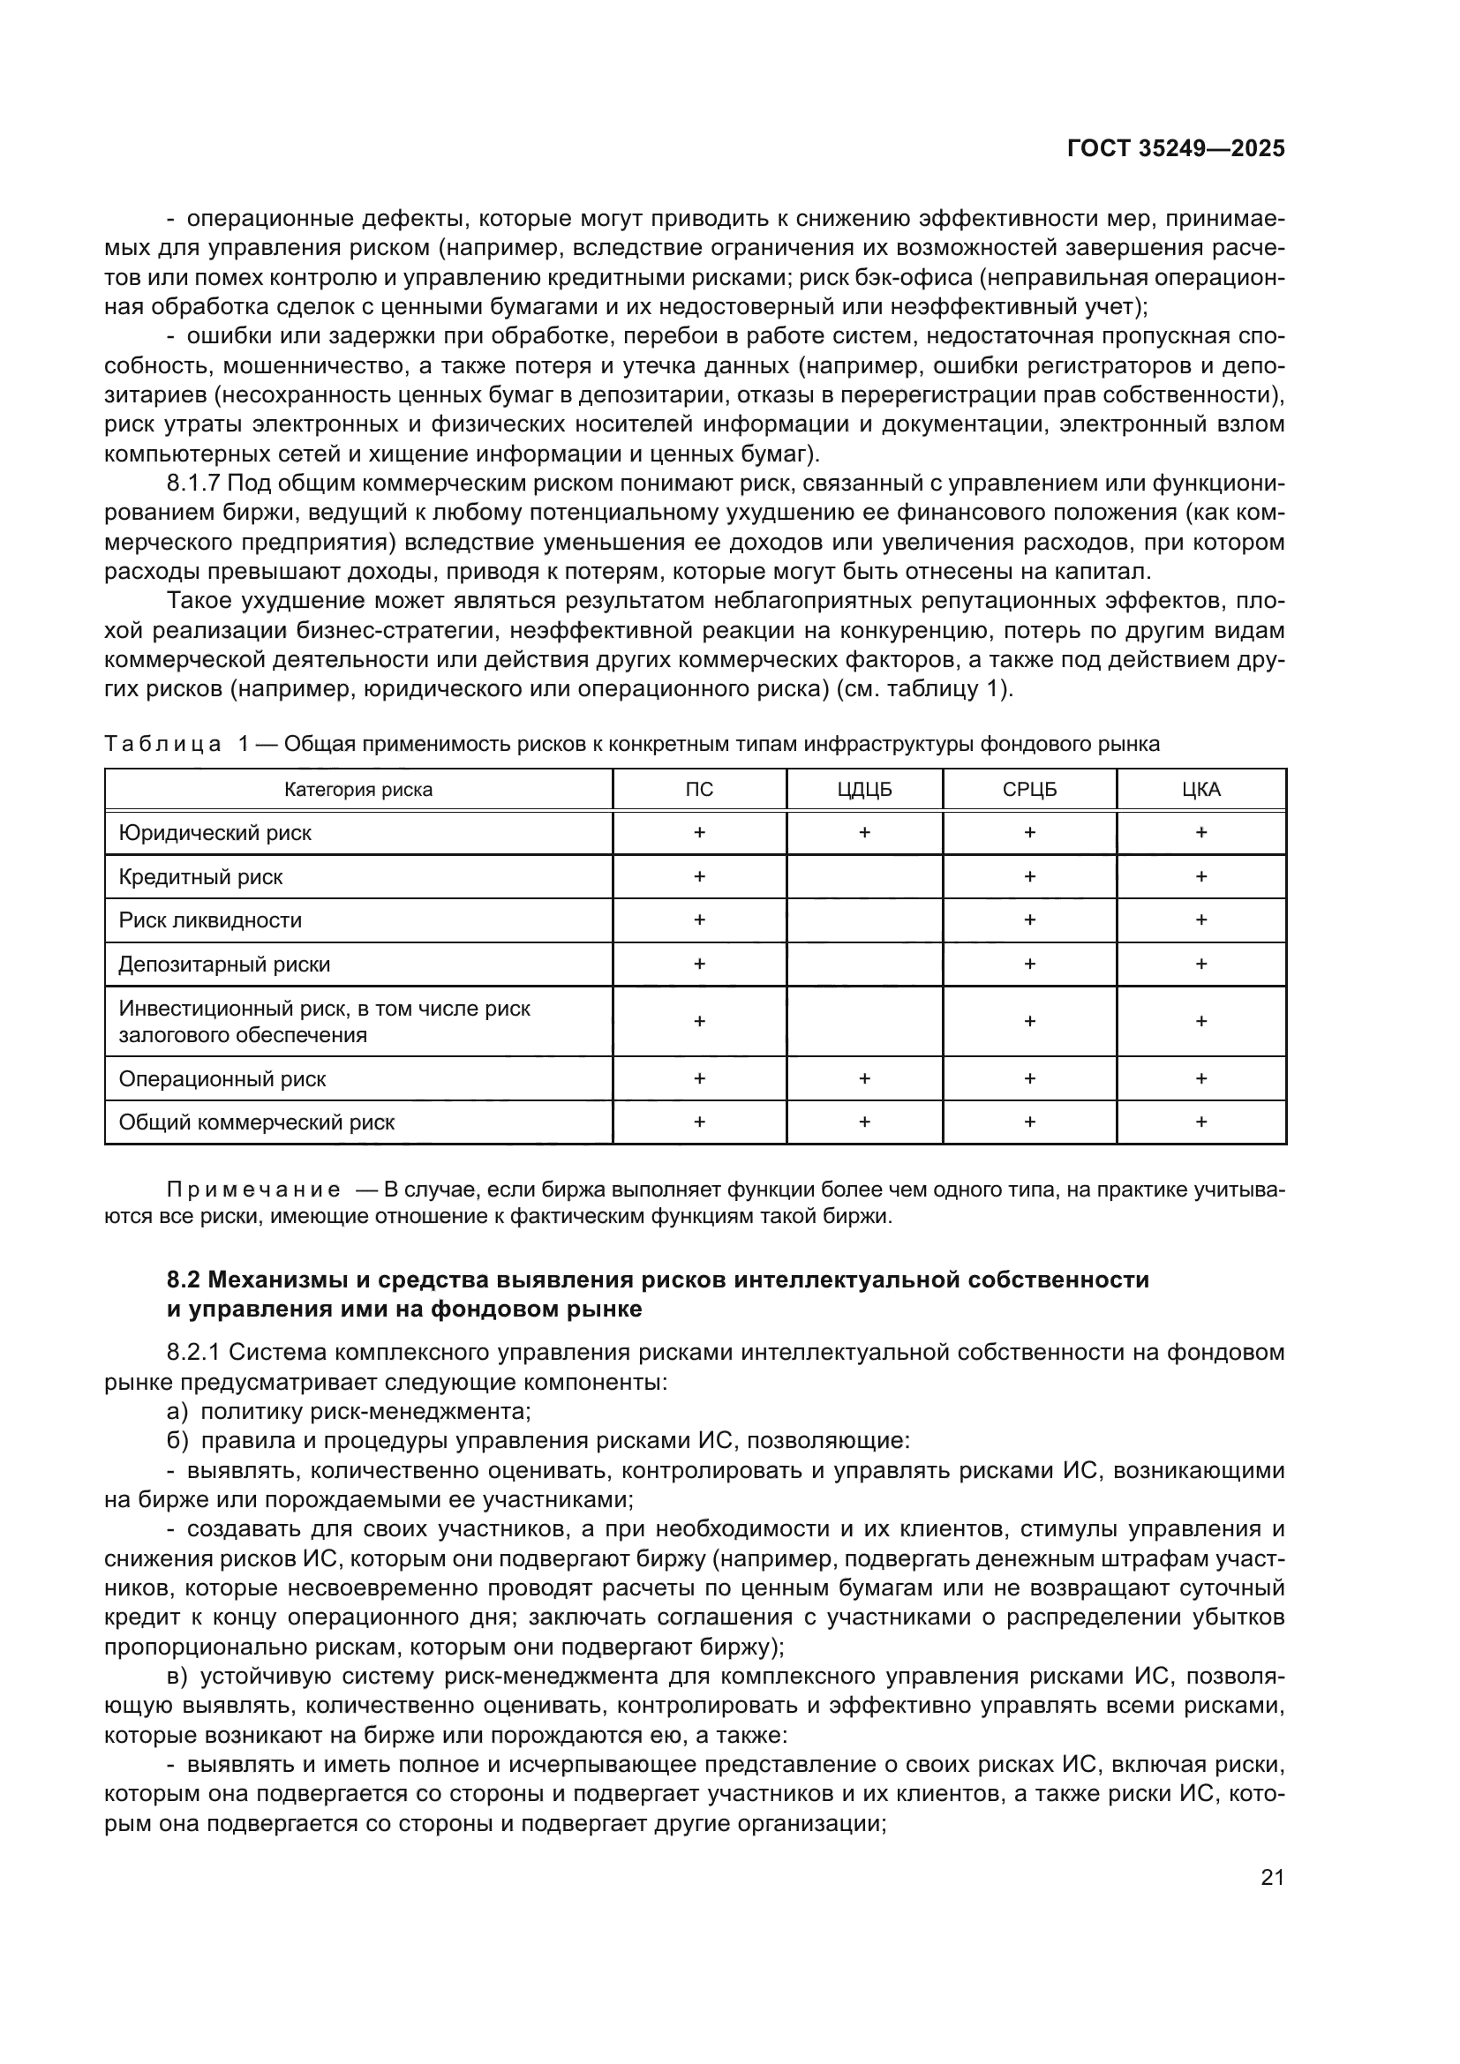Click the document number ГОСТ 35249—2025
pyautogui.click(x=1176, y=148)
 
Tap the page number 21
pyautogui.click(x=1272, y=1877)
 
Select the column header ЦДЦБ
pyautogui.click(x=864, y=789)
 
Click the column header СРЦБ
pyautogui.click(x=1029, y=789)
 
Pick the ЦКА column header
pyautogui.click(x=1201, y=789)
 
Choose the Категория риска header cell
pyautogui.click(x=357, y=789)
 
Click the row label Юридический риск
pyautogui.click(x=214, y=832)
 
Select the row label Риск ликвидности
pyautogui.click(x=210, y=920)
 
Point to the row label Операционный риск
pyautogui.click(x=222, y=1078)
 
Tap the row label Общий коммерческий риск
pyautogui.click(x=256, y=1122)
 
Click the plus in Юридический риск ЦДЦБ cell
pyautogui.click(x=864, y=832)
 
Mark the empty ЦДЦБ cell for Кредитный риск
pyautogui.click(x=864, y=876)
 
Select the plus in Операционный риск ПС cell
pyautogui.click(x=699, y=1078)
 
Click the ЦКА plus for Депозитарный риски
pyautogui.click(x=1201, y=964)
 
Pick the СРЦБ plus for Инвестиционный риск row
pyautogui.click(x=1029, y=1021)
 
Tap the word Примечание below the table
pyautogui.click(x=253, y=1190)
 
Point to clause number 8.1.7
pyautogui.click(x=193, y=484)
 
